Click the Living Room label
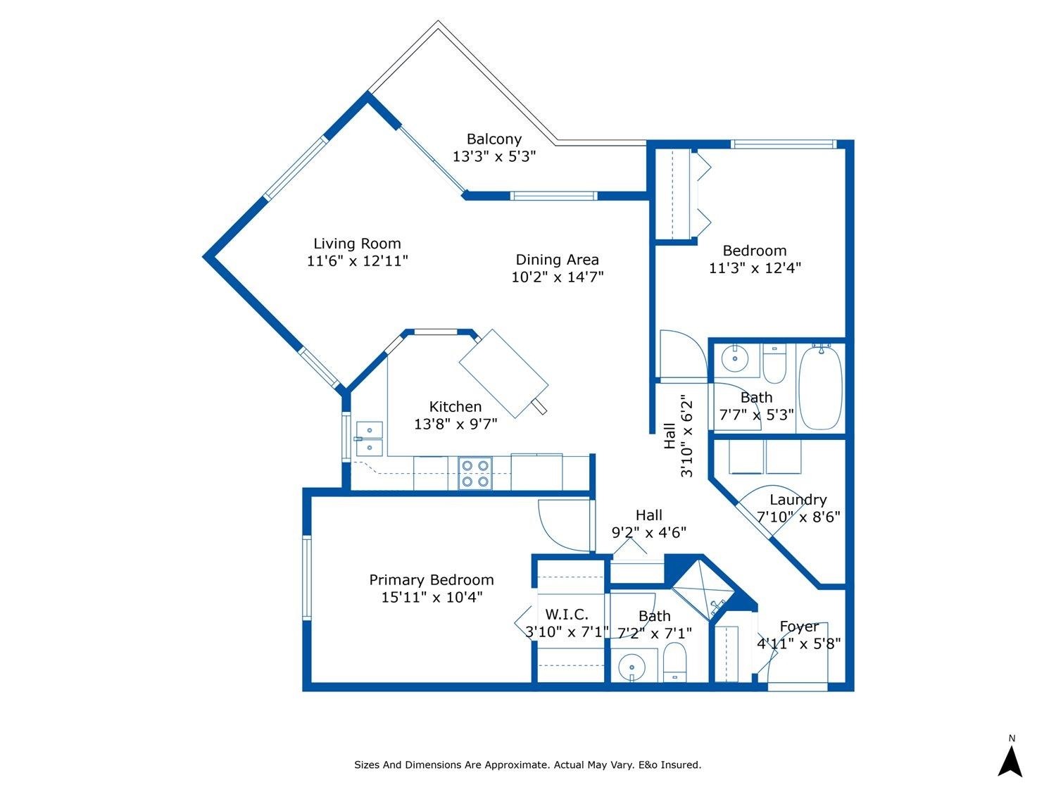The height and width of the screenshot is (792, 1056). pos(357,244)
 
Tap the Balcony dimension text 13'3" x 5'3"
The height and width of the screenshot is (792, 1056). pos(494,156)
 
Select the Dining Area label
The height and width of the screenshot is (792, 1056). pos(557,260)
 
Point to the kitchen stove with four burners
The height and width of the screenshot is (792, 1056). pos(474,473)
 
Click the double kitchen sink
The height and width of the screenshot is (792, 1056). pos(369,439)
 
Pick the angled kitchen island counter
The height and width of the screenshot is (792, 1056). pos(503,374)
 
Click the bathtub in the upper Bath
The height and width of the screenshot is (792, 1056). pos(820,388)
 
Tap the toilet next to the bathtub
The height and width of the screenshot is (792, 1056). pos(774,363)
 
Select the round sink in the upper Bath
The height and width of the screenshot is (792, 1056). pos(735,358)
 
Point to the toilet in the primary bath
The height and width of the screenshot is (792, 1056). pos(675,662)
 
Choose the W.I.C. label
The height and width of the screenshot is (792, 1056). pos(566,615)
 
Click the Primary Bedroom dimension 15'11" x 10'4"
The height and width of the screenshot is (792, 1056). pos(432,597)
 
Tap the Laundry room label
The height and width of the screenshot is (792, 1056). pos(798,500)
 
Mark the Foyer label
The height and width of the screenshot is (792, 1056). pos(799,627)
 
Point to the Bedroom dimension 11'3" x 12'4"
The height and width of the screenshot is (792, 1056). pos(755,268)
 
